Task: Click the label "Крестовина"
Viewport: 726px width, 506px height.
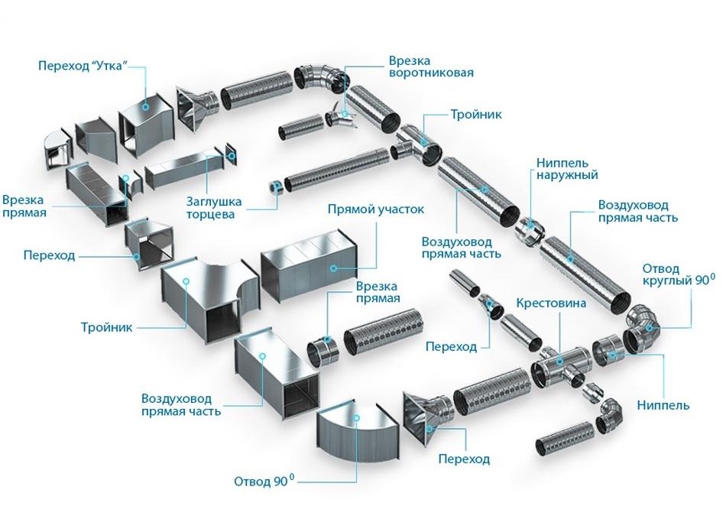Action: click(x=550, y=303)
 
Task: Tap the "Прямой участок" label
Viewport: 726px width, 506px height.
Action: click(x=375, y=209)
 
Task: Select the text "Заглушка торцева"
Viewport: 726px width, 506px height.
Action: click(x=214, y=209)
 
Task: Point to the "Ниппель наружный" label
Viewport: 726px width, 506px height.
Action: click(x=562, y=169)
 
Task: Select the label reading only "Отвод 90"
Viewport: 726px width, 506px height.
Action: click(x=264, y=482)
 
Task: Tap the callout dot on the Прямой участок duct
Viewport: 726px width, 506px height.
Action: click(x=333, y=268)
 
